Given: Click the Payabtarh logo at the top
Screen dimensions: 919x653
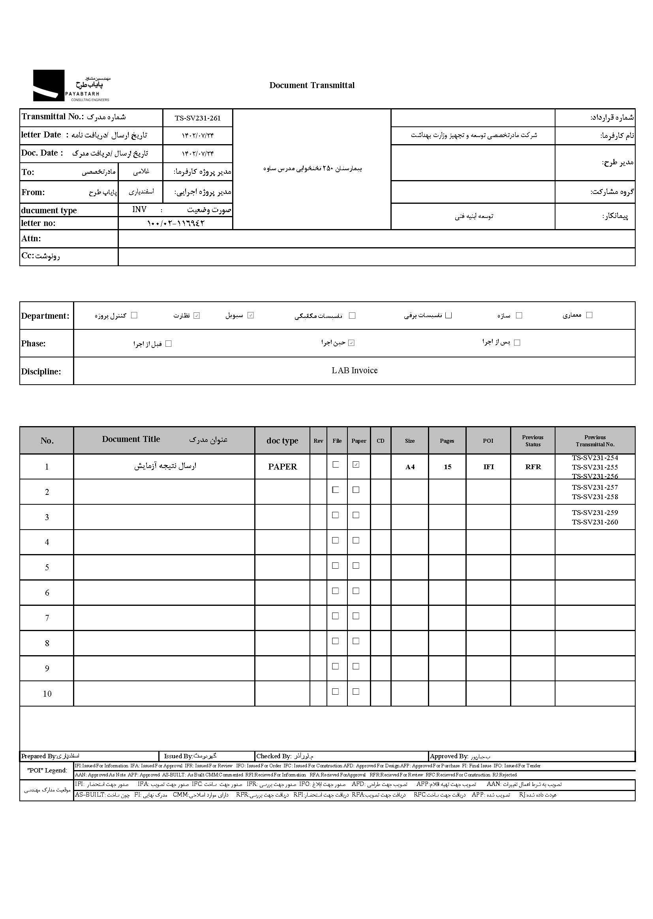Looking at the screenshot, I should coord(71,86).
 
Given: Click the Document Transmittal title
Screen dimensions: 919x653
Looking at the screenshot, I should coord(311,85).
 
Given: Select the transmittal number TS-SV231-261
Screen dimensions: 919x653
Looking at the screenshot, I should coord(197,118).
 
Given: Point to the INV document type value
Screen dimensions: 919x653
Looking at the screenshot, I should coord(139,210).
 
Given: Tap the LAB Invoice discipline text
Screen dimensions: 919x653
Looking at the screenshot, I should coord(354,370).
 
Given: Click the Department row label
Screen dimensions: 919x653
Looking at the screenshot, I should coord(45,316).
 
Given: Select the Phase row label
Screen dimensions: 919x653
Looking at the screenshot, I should coord(34,344).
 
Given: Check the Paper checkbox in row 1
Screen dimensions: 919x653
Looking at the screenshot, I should coord(356,464).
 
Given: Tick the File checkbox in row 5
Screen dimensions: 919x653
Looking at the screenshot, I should coord(335,566).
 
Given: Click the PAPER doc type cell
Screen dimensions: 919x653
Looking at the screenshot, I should coord(282,467).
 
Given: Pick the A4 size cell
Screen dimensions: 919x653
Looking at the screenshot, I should coord(410,467).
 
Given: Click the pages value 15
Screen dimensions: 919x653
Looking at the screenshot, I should coord(447,467).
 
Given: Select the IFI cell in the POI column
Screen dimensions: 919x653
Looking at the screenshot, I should coord(488,467).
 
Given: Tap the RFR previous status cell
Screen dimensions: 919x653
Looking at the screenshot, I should coord(533,467).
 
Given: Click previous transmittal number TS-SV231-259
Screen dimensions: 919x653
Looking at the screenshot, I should coord(595,512).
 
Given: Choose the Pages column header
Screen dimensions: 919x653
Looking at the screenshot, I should coord(447,441).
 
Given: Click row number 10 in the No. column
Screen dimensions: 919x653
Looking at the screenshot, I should coord(47,694).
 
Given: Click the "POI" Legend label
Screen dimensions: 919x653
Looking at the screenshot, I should coord(47,770).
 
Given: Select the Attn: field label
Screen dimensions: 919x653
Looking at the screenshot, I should coord(31,239).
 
